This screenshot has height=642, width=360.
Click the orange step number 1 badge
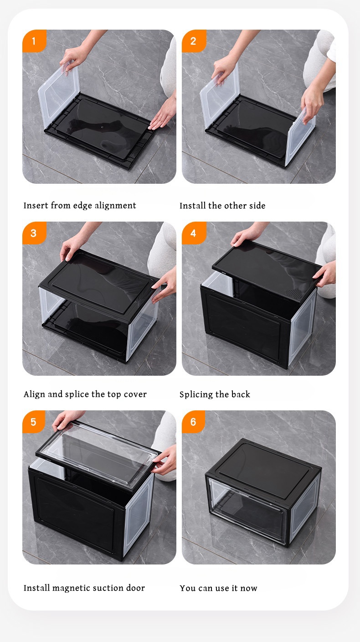34,41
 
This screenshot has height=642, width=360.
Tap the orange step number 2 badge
193,41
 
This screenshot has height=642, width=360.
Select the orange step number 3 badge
34,233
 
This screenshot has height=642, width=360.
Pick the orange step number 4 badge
193,233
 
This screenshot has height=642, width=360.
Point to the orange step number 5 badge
34,422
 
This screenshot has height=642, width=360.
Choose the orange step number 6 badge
193,422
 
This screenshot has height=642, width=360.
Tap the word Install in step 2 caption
193,206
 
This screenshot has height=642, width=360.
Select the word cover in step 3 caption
136,394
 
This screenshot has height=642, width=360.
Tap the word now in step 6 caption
249,588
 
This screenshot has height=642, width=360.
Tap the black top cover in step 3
100,283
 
